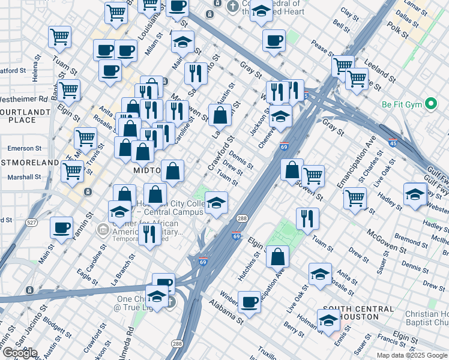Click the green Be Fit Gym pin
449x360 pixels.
[430, 104]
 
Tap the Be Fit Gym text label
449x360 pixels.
[403, 104]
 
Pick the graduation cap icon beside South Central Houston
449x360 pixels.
[328, 321]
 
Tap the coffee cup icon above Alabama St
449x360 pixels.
[249, 301]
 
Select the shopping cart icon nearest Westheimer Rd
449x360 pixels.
[69, 90]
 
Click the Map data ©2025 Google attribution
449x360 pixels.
[412, 355]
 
